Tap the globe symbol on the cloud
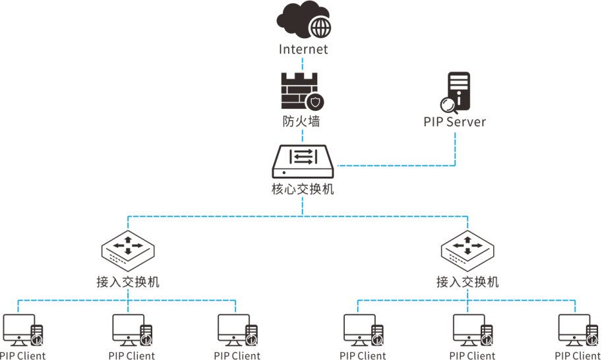click(x=320, y=28)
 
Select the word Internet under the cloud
click(x=303, y=49)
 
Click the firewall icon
click(x=301, y=90)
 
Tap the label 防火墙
click(x=301, y=121)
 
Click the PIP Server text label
click(x=455, y=122)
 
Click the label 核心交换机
click(x=303, y=189)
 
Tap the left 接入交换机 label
click(x=128, y=282)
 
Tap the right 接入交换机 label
click(x=467, y=282)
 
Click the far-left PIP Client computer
click(x=20, y=329)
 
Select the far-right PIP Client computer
click(x=575, y=329)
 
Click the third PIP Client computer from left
click(x=235, y=329)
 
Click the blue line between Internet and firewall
click(x=302, y=64)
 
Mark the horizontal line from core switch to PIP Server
click(x=396, y=165)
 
